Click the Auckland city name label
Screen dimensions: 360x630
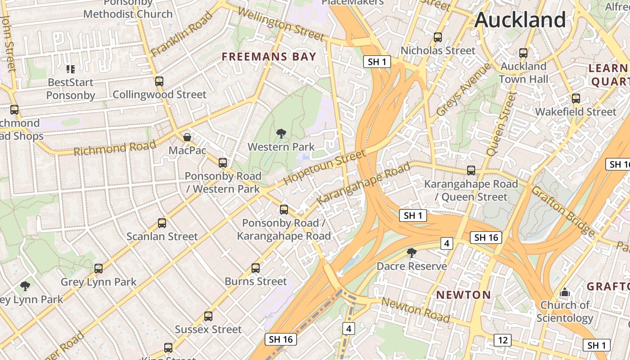point(520,20)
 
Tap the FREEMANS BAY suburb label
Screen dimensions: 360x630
point(269,57)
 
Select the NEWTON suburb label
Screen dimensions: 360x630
point(463,295)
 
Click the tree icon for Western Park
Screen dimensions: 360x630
point(281,133)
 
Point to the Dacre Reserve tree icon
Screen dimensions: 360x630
point(411,252)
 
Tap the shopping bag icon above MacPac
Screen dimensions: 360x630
point(187,137)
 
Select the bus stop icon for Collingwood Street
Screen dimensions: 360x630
point(159,81)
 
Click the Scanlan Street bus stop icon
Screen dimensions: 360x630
point(162,223)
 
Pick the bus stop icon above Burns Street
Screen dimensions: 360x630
point(256,268)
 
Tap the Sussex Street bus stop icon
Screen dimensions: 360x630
point(208,316)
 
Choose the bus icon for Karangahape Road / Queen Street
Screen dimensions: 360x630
point(471,171)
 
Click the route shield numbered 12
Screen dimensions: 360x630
point(502,340)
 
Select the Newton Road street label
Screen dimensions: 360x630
point(415,310)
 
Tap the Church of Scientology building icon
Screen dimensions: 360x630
point(565,293)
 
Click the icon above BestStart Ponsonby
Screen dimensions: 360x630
point(71,69)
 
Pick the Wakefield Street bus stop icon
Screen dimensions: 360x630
point(576,99)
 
